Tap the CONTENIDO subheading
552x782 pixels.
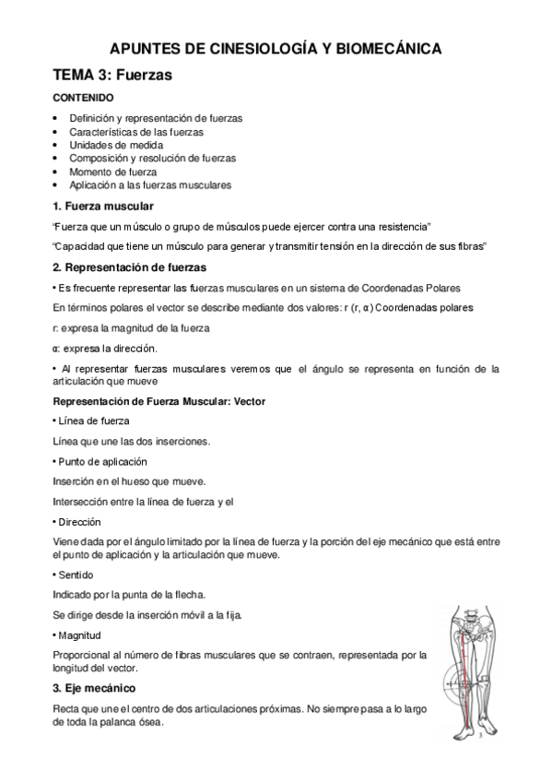point(84,97)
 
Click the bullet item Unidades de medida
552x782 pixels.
point(116,145)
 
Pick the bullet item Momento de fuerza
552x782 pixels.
point(112,172)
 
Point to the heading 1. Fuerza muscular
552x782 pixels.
point(103,205)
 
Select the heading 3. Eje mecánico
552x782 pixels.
point(95,688)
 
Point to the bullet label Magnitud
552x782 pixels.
point(83,635)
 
